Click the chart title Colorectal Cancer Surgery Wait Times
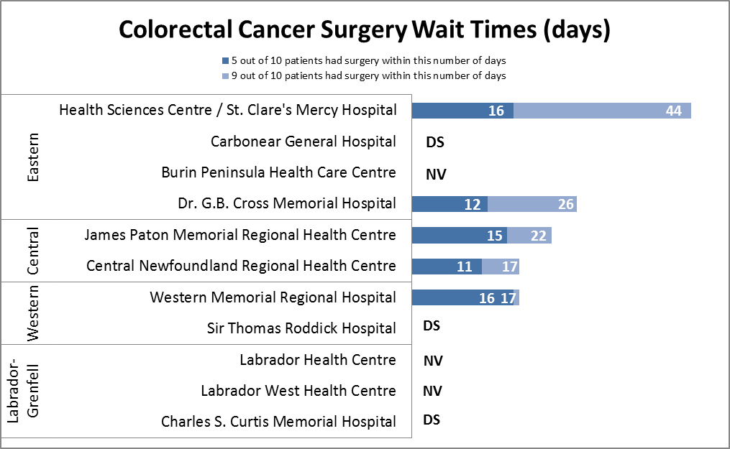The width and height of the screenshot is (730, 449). click(x=365, y=29)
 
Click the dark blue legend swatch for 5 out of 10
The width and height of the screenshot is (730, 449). click(x=225, y=60)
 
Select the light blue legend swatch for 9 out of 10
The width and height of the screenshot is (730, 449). click(x=225, y=75)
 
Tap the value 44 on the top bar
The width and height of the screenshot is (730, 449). click(x=673, y=111)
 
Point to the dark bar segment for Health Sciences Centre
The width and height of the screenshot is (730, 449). click(x=462, y=111)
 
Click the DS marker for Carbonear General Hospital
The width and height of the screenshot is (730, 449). click(x=434, y=142)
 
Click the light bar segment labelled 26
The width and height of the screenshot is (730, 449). click(x=532, y=204)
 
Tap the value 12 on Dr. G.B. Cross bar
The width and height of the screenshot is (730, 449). click(x=472, y=205)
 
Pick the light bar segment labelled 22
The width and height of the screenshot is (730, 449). click(x=529, y=236)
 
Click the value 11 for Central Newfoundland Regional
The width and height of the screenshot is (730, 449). click(x=465, y=267)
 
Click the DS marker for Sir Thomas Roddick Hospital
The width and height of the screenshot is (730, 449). click(x=432, y=326)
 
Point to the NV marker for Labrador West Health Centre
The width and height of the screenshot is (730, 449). click(x=433, y=391)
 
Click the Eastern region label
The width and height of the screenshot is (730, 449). click(x=32, y=157)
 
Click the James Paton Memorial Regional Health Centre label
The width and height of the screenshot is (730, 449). click(x=239, y=235)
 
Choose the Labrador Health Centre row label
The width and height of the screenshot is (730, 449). click(x=317, y=359)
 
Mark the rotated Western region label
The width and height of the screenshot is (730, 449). click(x=32, y=313)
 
